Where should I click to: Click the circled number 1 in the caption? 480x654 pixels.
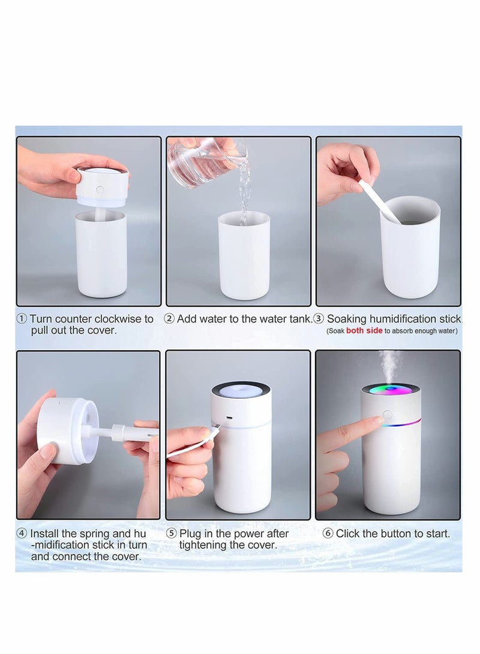tap(22, 319)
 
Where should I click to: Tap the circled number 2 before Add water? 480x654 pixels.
tap(169, 319)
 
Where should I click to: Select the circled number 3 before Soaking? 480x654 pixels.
tap(319, 319)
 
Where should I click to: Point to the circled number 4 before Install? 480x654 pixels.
tap(22, 534)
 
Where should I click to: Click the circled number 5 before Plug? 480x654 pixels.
tap(171, 534)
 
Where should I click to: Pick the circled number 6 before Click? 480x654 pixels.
tap(328, 534)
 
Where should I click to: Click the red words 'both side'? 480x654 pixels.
tap(364, 331)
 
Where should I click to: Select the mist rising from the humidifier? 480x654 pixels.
tap(390, 363)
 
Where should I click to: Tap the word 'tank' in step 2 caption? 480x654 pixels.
tap(300, 319)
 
